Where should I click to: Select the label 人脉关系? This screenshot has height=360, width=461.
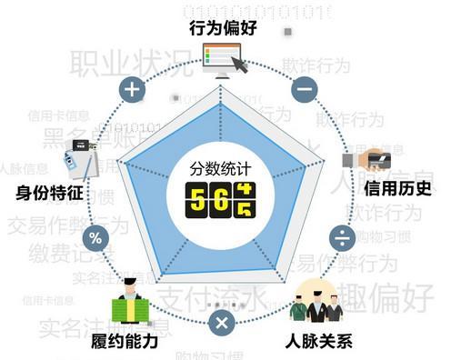319,343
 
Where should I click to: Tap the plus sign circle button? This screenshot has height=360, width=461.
133,89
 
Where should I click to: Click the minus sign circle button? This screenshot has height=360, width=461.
305,89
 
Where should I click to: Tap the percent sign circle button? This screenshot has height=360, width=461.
95,239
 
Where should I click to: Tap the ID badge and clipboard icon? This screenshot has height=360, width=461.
81,160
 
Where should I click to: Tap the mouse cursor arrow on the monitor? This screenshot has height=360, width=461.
238,65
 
